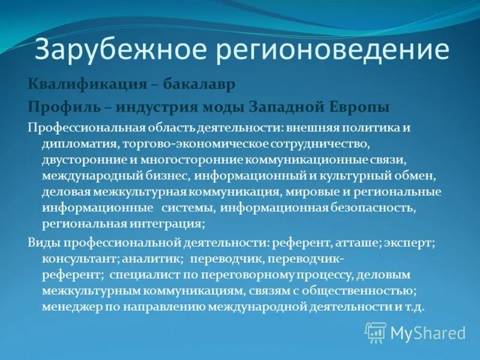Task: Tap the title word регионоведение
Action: click(333, 50)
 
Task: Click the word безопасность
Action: click(371, 208)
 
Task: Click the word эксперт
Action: click(414, 242)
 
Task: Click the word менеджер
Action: click(71, 307)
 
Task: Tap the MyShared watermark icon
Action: click(376, 332)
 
